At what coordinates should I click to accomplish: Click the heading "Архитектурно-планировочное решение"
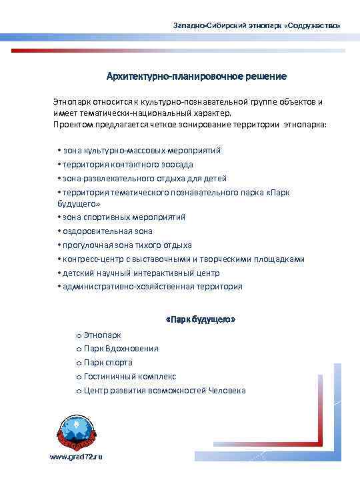[197, 77]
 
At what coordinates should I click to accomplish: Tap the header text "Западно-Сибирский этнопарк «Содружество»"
[256, 25]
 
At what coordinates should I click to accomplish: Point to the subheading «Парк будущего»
[200, 320]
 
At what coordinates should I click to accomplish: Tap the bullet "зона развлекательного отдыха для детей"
[144, 178]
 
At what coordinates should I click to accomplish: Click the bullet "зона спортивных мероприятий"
[124, 217]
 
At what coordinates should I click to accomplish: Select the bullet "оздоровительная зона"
[107, 231]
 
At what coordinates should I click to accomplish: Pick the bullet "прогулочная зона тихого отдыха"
[127, 245]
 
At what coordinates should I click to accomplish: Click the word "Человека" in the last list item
[227, 390]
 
